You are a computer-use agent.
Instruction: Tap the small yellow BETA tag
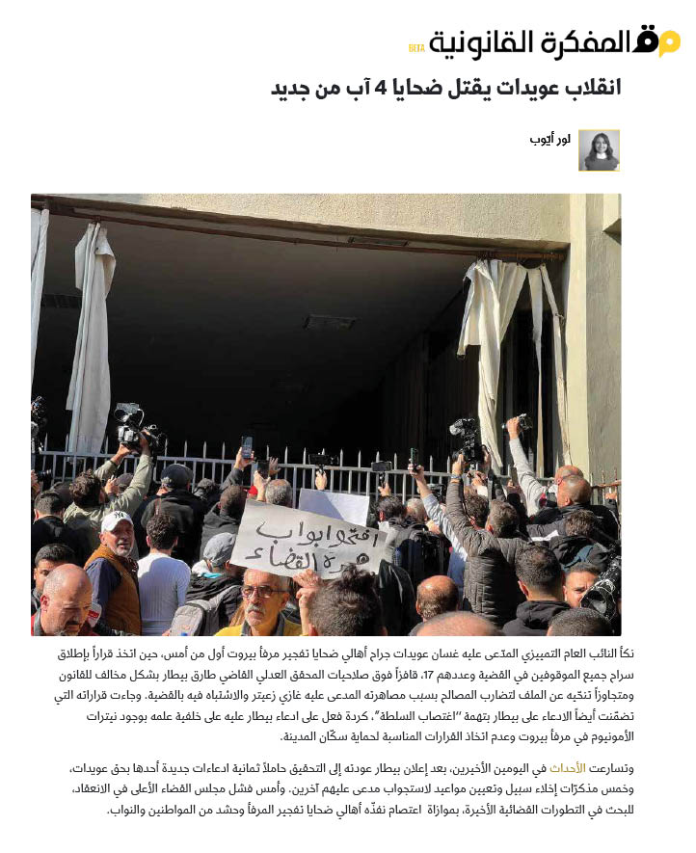pyautogui.click(x=416, y=49)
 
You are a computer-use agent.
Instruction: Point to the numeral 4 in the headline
pyautogui.click(x=382, y=89)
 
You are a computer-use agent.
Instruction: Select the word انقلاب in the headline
pyautogui.click(x=584, y=89)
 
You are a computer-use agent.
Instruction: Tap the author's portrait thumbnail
pyautogui.click(x=599, y=150)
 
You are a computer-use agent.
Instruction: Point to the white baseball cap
pyautogui.click(x=117, y=520)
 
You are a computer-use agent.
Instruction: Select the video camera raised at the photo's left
pyautogui.click(x=129, y=423)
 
